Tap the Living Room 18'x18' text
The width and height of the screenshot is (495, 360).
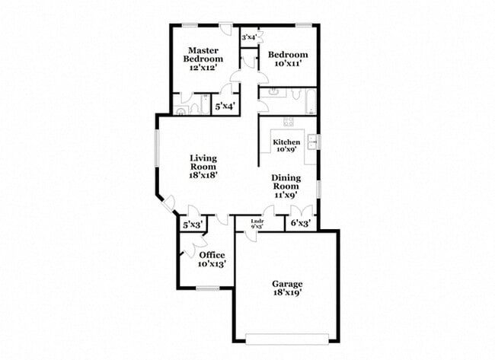[203, 167]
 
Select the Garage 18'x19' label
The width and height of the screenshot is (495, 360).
[287, 288]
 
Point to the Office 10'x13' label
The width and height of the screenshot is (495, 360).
[212, 260]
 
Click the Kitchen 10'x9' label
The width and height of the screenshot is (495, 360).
[286, 146]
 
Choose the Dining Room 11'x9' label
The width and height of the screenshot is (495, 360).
[286, 186]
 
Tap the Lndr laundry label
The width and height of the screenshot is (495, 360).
[257, 221]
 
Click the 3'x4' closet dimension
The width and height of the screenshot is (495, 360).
[249, 37]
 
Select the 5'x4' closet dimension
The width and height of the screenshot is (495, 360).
[225, 107]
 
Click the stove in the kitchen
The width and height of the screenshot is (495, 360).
[288, 122]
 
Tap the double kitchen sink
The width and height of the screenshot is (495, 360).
[312, 142]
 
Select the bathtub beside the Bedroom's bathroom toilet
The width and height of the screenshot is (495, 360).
[311, 102]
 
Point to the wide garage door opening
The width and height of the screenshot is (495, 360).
[287, 341]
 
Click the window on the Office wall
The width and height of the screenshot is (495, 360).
[208, 288]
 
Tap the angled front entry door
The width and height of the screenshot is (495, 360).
[168, 203]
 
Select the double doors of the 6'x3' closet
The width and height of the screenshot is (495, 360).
[302, 211]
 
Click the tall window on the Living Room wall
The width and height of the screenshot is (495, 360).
[156, 148]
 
